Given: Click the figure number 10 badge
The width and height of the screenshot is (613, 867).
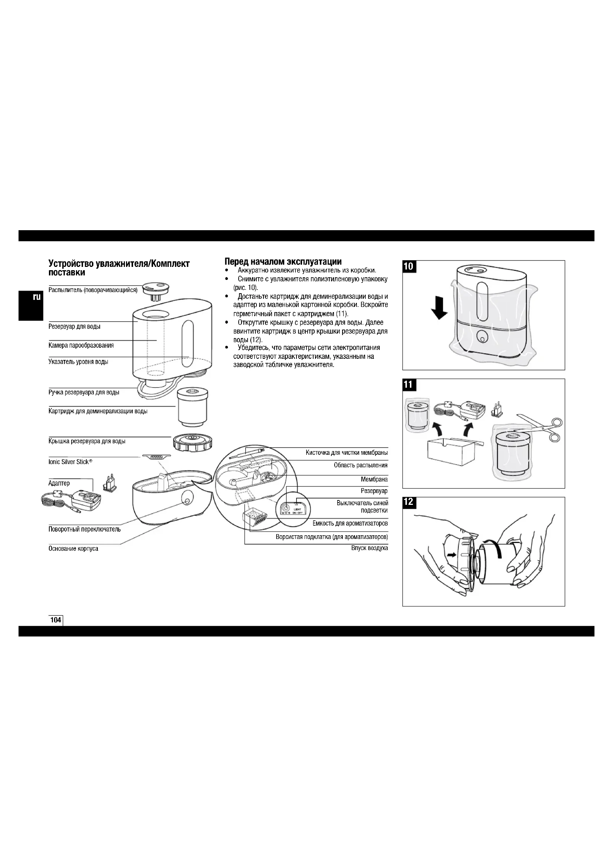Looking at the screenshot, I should click(x=409, y=266).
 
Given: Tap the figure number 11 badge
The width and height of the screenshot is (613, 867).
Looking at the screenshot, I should click(x=409, y=385).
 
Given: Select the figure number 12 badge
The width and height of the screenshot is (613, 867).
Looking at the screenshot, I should click(x=409, y=502).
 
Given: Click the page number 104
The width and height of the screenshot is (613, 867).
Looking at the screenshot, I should click(x=56, y=620).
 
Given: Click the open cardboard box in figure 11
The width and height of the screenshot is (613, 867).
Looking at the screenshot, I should click(x=451, y=451).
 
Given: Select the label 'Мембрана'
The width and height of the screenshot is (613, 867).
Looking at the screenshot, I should click(x=374, y=480).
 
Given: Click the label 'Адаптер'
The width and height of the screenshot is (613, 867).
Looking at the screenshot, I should click(x=59, y=483).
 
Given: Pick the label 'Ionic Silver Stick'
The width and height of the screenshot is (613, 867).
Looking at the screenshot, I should click(x=70, y=462).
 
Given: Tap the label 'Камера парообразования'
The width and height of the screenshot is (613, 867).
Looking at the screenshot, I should click(x=81, y=345).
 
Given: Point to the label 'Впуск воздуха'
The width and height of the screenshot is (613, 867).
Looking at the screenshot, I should click(x=370, y=548).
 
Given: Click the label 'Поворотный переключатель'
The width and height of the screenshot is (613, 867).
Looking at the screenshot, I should click(x=85, y=529).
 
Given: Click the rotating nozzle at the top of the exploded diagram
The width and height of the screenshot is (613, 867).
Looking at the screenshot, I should click(x=155, y=289).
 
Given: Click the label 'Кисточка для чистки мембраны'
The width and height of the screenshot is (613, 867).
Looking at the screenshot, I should click(x=347, y=453).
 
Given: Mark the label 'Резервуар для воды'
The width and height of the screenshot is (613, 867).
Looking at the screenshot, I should click(x=74, y=326).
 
